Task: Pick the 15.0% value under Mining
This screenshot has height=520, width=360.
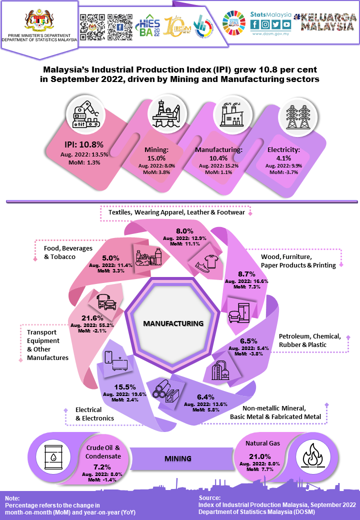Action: (157, 157)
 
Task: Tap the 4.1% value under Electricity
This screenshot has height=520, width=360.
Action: (283, 157)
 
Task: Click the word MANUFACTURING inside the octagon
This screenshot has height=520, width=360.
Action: (173, 323)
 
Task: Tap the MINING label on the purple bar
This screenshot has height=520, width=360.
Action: (178, 458)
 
